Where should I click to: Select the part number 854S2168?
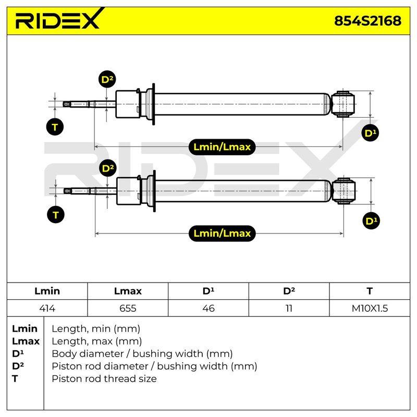pos(367,21)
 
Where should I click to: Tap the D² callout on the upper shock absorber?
pos(107,79)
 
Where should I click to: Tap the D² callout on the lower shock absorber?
pos(108,168)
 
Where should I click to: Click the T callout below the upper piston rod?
pos(55,127)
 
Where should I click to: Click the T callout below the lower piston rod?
pos(56,215)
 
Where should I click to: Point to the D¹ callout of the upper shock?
pos(370,133)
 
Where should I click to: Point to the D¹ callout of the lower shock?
pos(371,220)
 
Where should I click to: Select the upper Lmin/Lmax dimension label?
pos(222,147)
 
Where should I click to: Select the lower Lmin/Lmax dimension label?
pos(222,234)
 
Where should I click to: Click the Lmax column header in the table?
pos(128,291)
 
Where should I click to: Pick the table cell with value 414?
pos(47,308)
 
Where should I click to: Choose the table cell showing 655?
pos(128,308)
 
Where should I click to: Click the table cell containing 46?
pos(208,308)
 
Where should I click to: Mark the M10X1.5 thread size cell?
pos(370,308)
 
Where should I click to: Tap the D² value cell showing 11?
pos(289,308)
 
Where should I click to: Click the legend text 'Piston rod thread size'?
pos(104,378)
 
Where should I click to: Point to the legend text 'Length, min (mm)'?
pos(96,329)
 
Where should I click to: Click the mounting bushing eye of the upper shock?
pos(343,104)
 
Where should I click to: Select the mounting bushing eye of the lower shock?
pos(344,191)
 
